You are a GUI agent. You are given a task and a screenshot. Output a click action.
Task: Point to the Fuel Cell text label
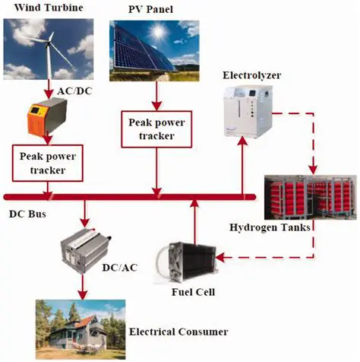(193, 292)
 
